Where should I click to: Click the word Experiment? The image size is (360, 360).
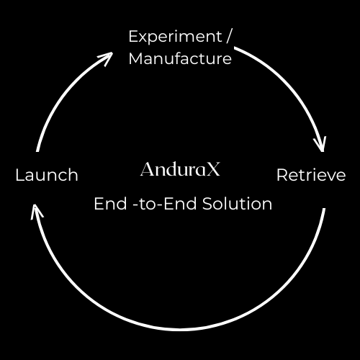coord(175,37)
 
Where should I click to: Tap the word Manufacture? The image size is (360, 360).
coord(180,58)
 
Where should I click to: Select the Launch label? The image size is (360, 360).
coord(47,175)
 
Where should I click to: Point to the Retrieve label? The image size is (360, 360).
coord(311,175)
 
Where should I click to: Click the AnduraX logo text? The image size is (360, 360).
coord(180,169)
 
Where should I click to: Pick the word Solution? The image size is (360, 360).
coord(237,204)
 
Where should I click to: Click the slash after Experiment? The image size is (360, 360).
coord(228,37)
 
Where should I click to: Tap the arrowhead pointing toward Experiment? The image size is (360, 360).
coord(106,58)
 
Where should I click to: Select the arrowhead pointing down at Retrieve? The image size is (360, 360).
coord(320,144)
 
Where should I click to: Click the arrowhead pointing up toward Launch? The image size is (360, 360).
coord(37,212)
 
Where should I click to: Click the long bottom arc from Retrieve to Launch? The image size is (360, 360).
coord(180,330)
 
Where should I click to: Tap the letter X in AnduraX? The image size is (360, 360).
coord(213,169)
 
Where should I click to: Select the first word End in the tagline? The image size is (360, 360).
coord(110,204)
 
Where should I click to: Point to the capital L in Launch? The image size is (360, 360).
coord(19,175)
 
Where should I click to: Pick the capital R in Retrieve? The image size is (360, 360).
coord(282,175)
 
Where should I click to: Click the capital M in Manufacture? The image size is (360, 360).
coord(136,58)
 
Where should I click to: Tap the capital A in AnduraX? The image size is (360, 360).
coord(148,169)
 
